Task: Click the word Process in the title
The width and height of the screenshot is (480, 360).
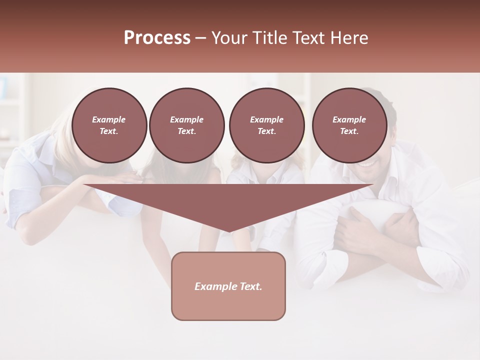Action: coord(157,38)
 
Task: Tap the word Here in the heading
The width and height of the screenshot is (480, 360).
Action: coord(348,38)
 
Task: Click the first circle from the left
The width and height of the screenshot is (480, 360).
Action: coord(109,125)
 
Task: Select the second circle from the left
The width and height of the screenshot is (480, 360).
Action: coord(186,125)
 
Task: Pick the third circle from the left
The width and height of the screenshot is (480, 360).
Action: coord(266,125)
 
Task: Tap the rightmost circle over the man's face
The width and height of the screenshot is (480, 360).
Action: coord(349,125)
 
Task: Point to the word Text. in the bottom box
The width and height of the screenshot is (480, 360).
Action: coord(250,286)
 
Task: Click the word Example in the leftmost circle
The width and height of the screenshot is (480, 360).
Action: coord(109,119)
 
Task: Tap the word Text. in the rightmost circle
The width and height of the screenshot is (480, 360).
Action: coord(349,131)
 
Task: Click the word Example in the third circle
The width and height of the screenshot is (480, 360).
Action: coord(266,119)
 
